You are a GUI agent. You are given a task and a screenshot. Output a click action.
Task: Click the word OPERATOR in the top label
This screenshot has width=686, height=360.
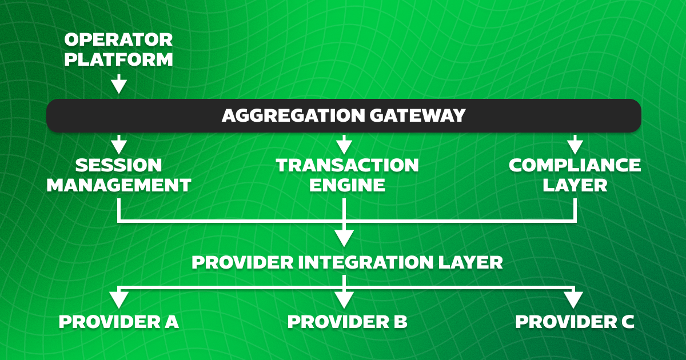[x=118, y=40]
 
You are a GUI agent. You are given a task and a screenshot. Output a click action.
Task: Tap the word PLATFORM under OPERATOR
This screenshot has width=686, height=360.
[x=118, y=59]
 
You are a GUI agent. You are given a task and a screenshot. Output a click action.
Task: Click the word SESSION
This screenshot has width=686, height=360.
[x=118, y=166]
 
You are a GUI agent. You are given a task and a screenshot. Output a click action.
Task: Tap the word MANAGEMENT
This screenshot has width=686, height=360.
[x=118, y=185]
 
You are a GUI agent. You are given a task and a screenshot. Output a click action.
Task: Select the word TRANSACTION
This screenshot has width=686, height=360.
[x=348, y=166]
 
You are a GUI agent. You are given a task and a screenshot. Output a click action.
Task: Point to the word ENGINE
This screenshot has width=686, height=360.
[x=348, y=185]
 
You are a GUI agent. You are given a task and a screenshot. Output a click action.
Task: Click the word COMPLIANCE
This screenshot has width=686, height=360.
[x=575, y=166]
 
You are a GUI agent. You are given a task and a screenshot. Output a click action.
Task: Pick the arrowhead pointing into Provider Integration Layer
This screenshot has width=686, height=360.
[x=344, y=237]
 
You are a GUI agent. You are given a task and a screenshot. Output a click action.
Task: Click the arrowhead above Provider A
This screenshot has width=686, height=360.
[x=118, y=299]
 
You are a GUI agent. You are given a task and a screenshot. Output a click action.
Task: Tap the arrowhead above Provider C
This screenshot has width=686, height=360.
[x=573, y=299]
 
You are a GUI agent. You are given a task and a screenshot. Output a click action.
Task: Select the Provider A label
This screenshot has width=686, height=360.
[x=119, y=322]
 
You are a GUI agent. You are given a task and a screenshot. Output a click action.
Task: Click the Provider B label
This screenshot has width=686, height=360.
[x=348, y=322]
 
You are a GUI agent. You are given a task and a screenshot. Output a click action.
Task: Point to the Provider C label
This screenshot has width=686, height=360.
[x=575, y=322]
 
